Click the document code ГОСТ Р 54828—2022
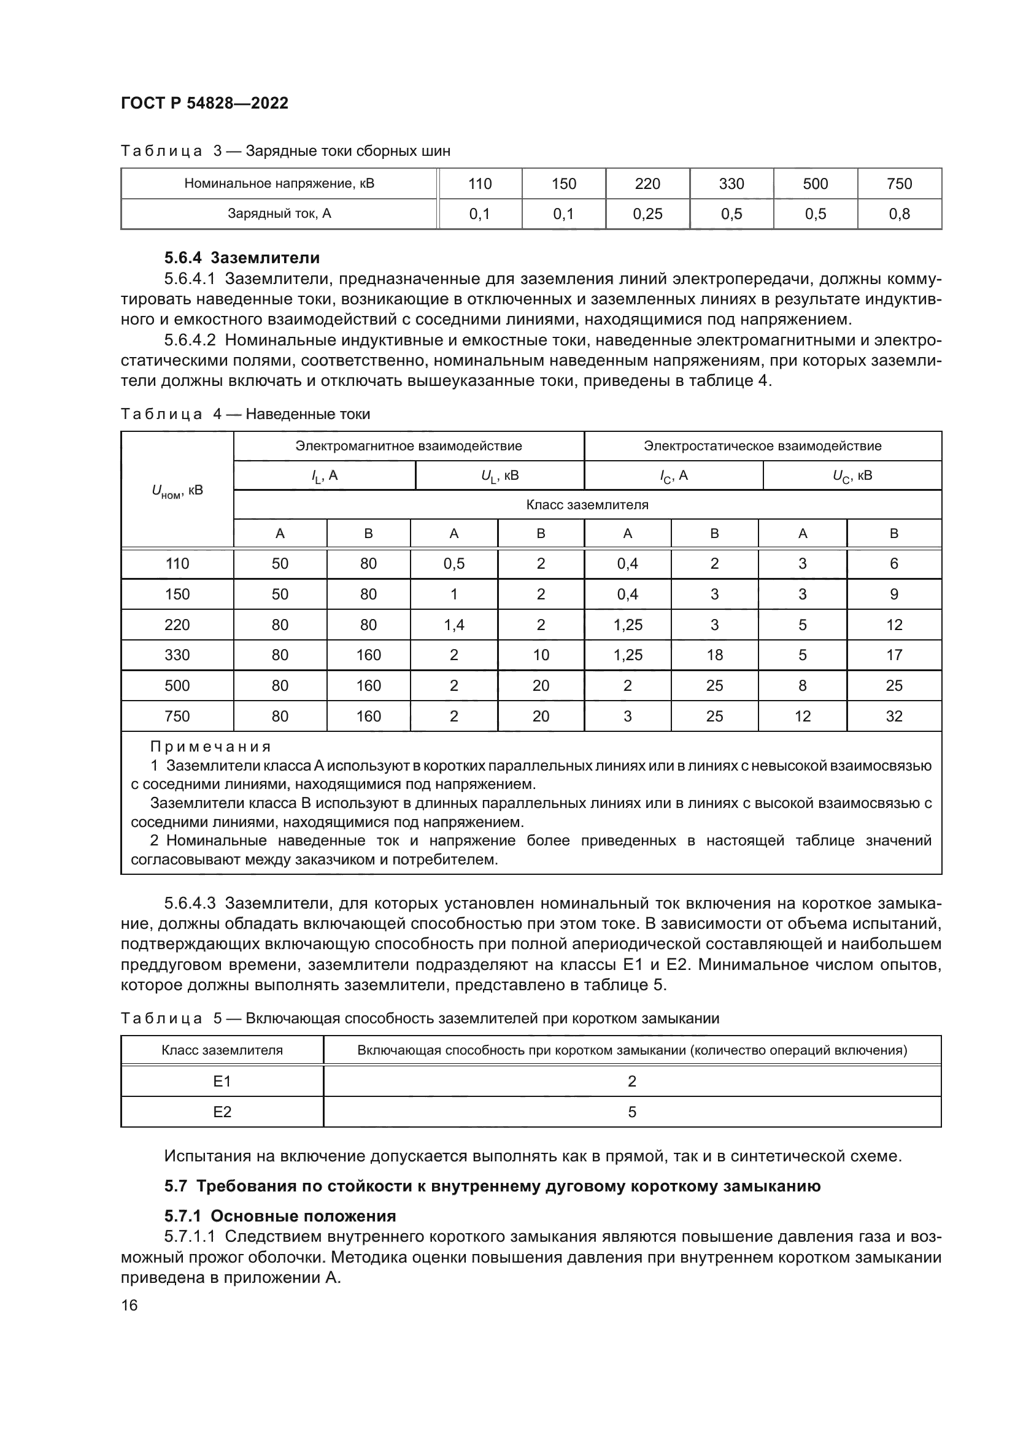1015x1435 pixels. point(204,103)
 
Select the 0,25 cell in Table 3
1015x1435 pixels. point(647,214)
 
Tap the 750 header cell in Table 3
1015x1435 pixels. point(899,184)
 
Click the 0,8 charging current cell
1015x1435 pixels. point(899,214)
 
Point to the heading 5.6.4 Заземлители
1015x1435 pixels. point(242,258)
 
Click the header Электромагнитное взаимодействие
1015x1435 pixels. point(408,446)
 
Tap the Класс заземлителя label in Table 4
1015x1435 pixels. point(587,505)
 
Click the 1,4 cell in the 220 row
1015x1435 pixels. point(453,625)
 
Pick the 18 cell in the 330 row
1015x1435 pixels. point(714,655)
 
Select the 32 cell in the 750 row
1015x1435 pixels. point(893,716)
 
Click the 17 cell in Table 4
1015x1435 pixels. point(893,655)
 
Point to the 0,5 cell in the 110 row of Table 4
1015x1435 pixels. point(453,564)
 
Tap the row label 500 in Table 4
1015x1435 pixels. point(177,686)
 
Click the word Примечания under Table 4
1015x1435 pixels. point(210,747)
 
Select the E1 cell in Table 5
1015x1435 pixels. point(222,1082)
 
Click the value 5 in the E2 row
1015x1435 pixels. point(632,1112)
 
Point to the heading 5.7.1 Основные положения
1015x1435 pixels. point(280,1216)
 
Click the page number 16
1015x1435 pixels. point(129,1306)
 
